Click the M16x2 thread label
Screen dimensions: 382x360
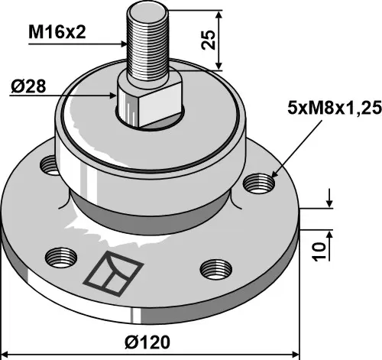(57, 32)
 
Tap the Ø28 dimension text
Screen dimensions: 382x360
(28, 86)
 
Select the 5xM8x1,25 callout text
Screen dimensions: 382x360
(335, 108)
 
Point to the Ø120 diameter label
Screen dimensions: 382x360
(147, 342)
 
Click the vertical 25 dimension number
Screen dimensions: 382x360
(209, 40)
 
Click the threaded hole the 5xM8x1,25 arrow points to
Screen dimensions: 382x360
(259, 183)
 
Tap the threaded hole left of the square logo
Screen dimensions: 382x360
(61, 258)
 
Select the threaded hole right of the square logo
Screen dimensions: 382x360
(216, 270)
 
